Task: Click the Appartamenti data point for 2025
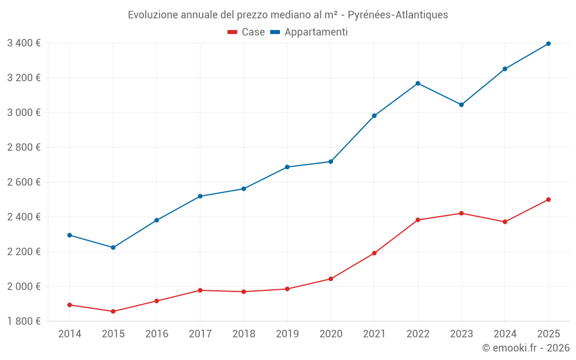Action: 548,44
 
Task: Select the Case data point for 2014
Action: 70,305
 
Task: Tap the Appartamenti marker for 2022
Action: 418,84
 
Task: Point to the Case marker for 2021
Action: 374,253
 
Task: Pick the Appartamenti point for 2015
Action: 113,248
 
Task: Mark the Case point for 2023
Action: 461,213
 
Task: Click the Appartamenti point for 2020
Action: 331,161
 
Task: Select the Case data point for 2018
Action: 244,291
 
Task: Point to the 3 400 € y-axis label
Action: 24,43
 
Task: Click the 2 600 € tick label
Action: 24,182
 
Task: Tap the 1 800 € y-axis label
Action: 24,321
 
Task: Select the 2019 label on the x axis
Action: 287,334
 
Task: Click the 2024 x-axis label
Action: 505,334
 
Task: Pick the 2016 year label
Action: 157,334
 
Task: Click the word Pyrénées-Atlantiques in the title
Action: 398,15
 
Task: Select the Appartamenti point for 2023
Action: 461,105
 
